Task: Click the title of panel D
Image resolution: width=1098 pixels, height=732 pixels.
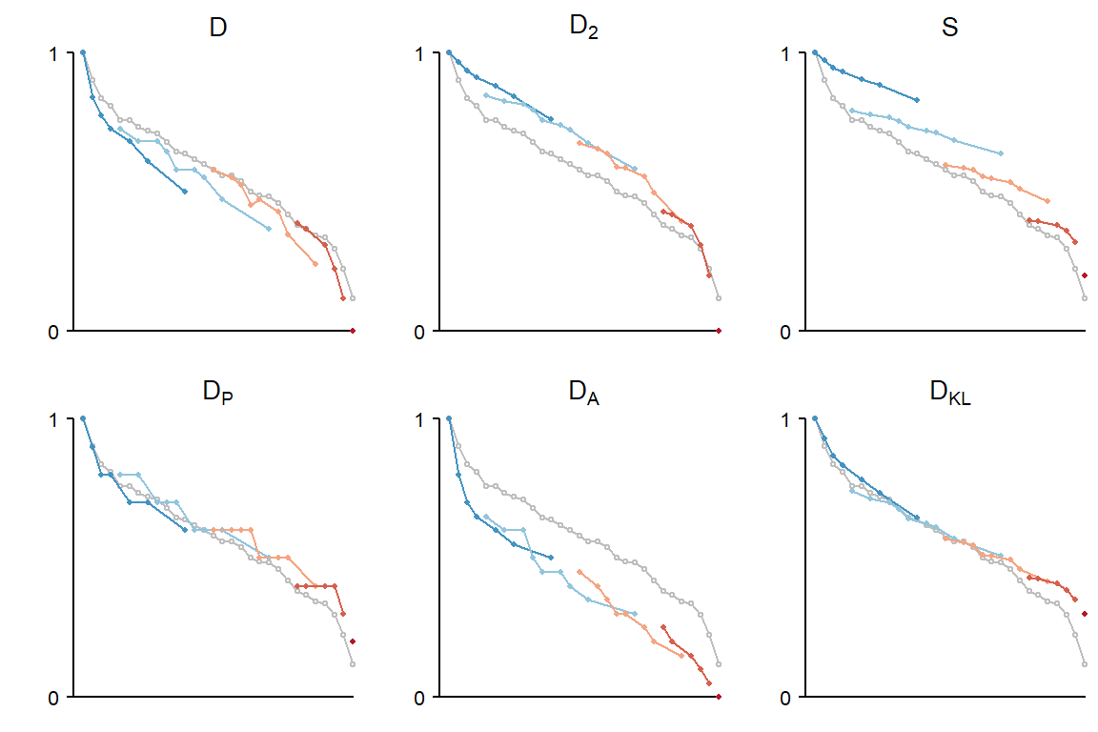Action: (218, 29)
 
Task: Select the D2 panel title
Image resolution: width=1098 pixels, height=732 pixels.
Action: (583, 28)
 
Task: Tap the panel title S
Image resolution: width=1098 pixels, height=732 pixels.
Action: (949, 29)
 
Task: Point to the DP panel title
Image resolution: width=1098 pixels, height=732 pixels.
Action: (218, 394)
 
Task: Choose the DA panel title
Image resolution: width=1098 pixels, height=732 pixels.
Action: (583, 394)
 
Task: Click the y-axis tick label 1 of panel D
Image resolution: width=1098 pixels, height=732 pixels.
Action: (54, 53)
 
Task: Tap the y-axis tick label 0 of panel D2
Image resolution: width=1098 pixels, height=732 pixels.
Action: (420, 331)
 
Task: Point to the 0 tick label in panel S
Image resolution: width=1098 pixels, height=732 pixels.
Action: (786, 331)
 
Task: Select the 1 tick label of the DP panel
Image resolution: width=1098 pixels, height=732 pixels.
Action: (54, 419)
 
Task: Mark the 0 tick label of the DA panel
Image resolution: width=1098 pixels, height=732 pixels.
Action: (420, 697)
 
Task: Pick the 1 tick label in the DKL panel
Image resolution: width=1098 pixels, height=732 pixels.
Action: (786, 419)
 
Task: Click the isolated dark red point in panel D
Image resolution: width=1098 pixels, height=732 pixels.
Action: (353, 331)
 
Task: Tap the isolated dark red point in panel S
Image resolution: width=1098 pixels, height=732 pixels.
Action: (1085, 275)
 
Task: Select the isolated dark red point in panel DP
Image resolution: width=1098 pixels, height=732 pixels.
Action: (353, 641)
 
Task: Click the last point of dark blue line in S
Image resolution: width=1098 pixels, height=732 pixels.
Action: (917, 100)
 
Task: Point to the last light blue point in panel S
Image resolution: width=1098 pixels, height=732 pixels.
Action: (1001, 153)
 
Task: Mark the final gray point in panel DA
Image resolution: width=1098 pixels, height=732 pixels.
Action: (719, 664)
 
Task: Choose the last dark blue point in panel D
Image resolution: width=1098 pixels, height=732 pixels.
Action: (185, 192)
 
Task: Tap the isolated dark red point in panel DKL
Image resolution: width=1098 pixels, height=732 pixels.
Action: (1085, 614)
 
